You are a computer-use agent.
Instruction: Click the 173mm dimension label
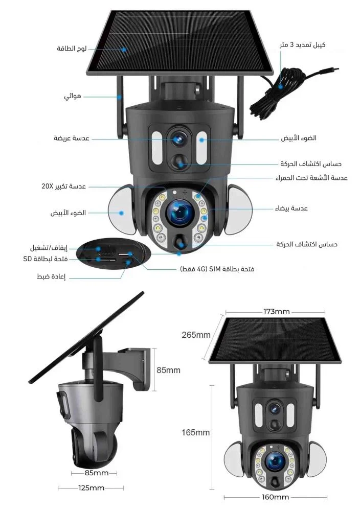(x=276, y=312)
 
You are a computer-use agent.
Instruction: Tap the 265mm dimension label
(x=196, y=335)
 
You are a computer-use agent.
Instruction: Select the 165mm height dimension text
(x=195, y=432)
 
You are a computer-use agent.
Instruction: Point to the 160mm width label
(x=276, y=497)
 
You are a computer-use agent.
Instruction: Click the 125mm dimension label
(x=92, y=488)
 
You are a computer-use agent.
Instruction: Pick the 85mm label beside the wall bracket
(x=168, y=370)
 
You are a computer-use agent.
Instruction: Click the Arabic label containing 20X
(x=63, y=187)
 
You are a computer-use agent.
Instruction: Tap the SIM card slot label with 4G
(x=217, y=269)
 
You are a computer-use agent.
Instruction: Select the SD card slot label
(x=46, y=259)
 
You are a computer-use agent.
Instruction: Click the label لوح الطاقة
(x=72, y=49)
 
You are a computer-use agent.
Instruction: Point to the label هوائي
(x=73, y=97)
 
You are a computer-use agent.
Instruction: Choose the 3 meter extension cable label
(x=303, y=44)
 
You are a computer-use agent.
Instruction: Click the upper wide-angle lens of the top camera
(x=178, y=139)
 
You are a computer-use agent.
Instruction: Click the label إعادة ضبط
(x=51, y=276)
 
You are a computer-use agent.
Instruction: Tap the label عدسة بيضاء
(x=291, y=208)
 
